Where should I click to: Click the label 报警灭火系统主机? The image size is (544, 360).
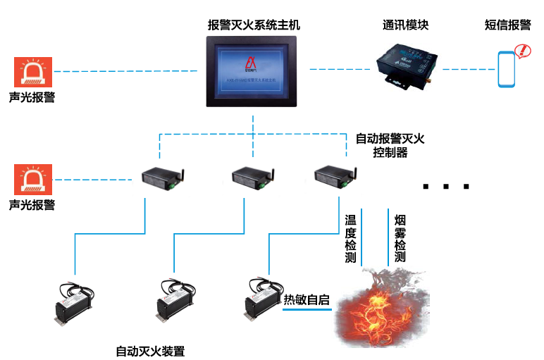click(254, 25)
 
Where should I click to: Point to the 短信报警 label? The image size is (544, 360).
click(507, 25)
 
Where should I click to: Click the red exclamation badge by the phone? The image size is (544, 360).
click(522, 51)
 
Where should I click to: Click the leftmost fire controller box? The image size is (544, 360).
click(160, 178)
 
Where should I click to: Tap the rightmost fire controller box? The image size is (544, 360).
click(333, 177)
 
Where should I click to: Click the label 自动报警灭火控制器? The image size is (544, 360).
click(390, 145)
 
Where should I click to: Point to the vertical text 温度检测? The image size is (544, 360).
click(350, 239)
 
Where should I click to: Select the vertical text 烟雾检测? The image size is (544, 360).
click(400, 239)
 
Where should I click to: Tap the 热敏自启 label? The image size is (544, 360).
click(307, 300)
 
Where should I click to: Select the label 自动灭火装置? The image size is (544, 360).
click(150, 350)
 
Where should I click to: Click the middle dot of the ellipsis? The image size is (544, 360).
click(446, 187)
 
